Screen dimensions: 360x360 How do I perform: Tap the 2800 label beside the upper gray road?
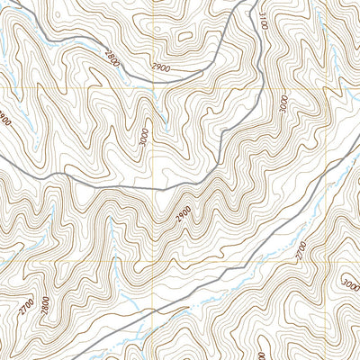(x=111, y=58)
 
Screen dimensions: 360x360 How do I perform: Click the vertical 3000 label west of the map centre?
(x=143, y=138)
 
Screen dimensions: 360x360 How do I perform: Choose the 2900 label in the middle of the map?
(x=184, y=215)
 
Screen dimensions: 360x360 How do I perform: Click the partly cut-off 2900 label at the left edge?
(x=4, y=118)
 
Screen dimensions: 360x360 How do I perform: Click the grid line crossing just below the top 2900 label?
(x=154, y=89)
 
